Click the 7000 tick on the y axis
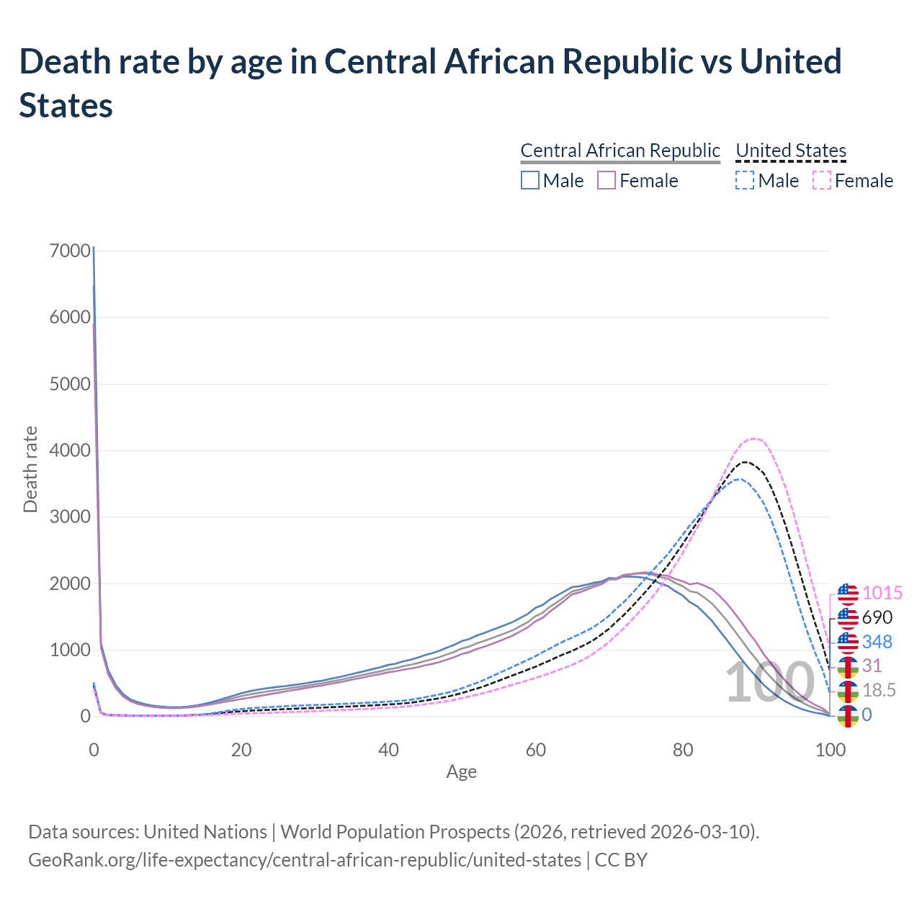pyautogui.click(x=70, y=251)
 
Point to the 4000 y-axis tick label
pyautogui.click(x=70, y=450)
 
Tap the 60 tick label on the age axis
pyautogui.click(x=536, y=750)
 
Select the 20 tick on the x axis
pyautogui.click(x=241, y=750)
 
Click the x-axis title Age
pyautogui.click(x=462, y=772)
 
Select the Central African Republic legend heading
pyautogui.click(x=620, y=151)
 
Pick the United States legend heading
pyautogui.click(x=791, y=151)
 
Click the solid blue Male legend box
pyautogui.click(x=530, y=180)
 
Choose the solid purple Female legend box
pyautogui.click(x=607, y=180)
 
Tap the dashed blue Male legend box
pyautogui.click(x=745, y=180)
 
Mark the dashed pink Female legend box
pyautogui.click(x=822, y=180)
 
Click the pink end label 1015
pyautogui.click(x=882, y=594)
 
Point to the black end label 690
pyautogui.click(x=877, y=617)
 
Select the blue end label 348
pyautogui.click(x=877, y=642)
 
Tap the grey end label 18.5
pyautogui.click(x=880, y=691)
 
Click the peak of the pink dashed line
pyautogui.click(x=753, y=438)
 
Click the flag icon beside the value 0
pyautogui.click(x=848, y=715)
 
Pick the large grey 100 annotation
pyautogui.click(x=769, y=683)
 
